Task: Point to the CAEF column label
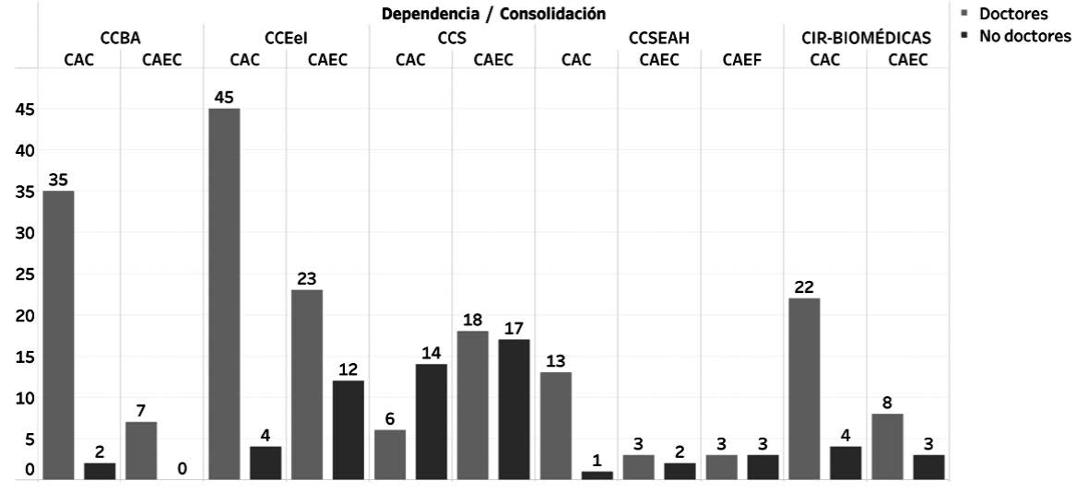click(x=742, y=61)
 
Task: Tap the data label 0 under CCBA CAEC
click(x=182, y=469)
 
